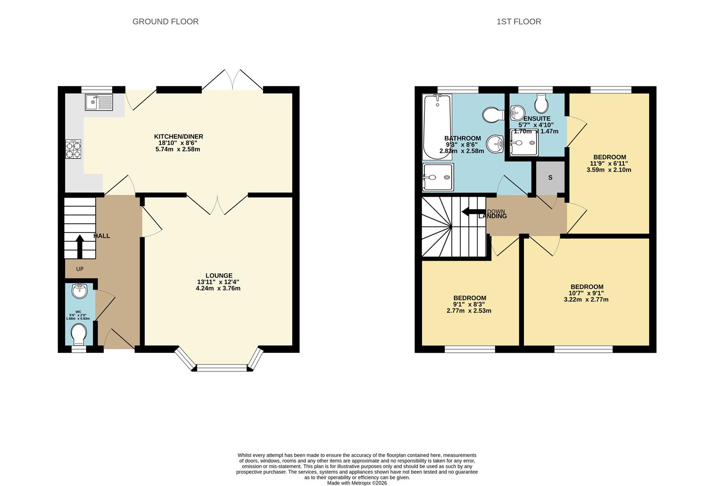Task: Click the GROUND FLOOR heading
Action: pos(165,22)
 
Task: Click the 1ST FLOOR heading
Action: pos(518,22)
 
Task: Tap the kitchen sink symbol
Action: pos(99,102)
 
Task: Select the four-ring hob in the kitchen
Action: pos(73,149)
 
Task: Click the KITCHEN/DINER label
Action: pos(178,136)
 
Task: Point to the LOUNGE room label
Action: pos(219,275)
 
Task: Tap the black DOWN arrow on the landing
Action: pos(472,211)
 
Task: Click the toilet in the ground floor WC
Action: pos(80,334)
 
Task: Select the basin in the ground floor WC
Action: pos(80,291)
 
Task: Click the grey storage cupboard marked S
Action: pos(550,178)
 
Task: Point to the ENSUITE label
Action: pos(537,119)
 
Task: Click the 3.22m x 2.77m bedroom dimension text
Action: pos(586,299)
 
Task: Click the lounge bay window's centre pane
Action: pos(222,368)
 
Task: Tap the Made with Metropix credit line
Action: pos(357,483)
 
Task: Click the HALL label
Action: pos(102,236)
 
